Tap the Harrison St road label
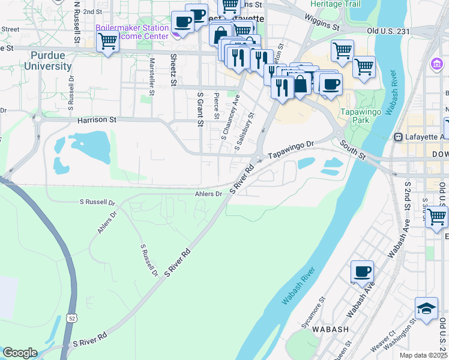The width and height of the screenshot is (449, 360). pos(97,120)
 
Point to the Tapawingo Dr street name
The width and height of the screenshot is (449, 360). pos(291,149)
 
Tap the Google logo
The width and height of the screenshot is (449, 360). pos(20,353)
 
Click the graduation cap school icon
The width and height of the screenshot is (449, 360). pos(426,308)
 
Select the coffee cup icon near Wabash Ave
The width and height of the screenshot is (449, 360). pos(362,271)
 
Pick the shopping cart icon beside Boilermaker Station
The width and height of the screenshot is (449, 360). pos(107,41)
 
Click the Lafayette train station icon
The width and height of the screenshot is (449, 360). pos(397,137)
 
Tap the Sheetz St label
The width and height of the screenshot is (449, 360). pos(173,70)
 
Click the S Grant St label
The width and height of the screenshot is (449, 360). pos(200,109)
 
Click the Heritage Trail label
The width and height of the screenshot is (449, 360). pos(335,4)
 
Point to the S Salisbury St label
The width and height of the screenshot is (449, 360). pos(245,130)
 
